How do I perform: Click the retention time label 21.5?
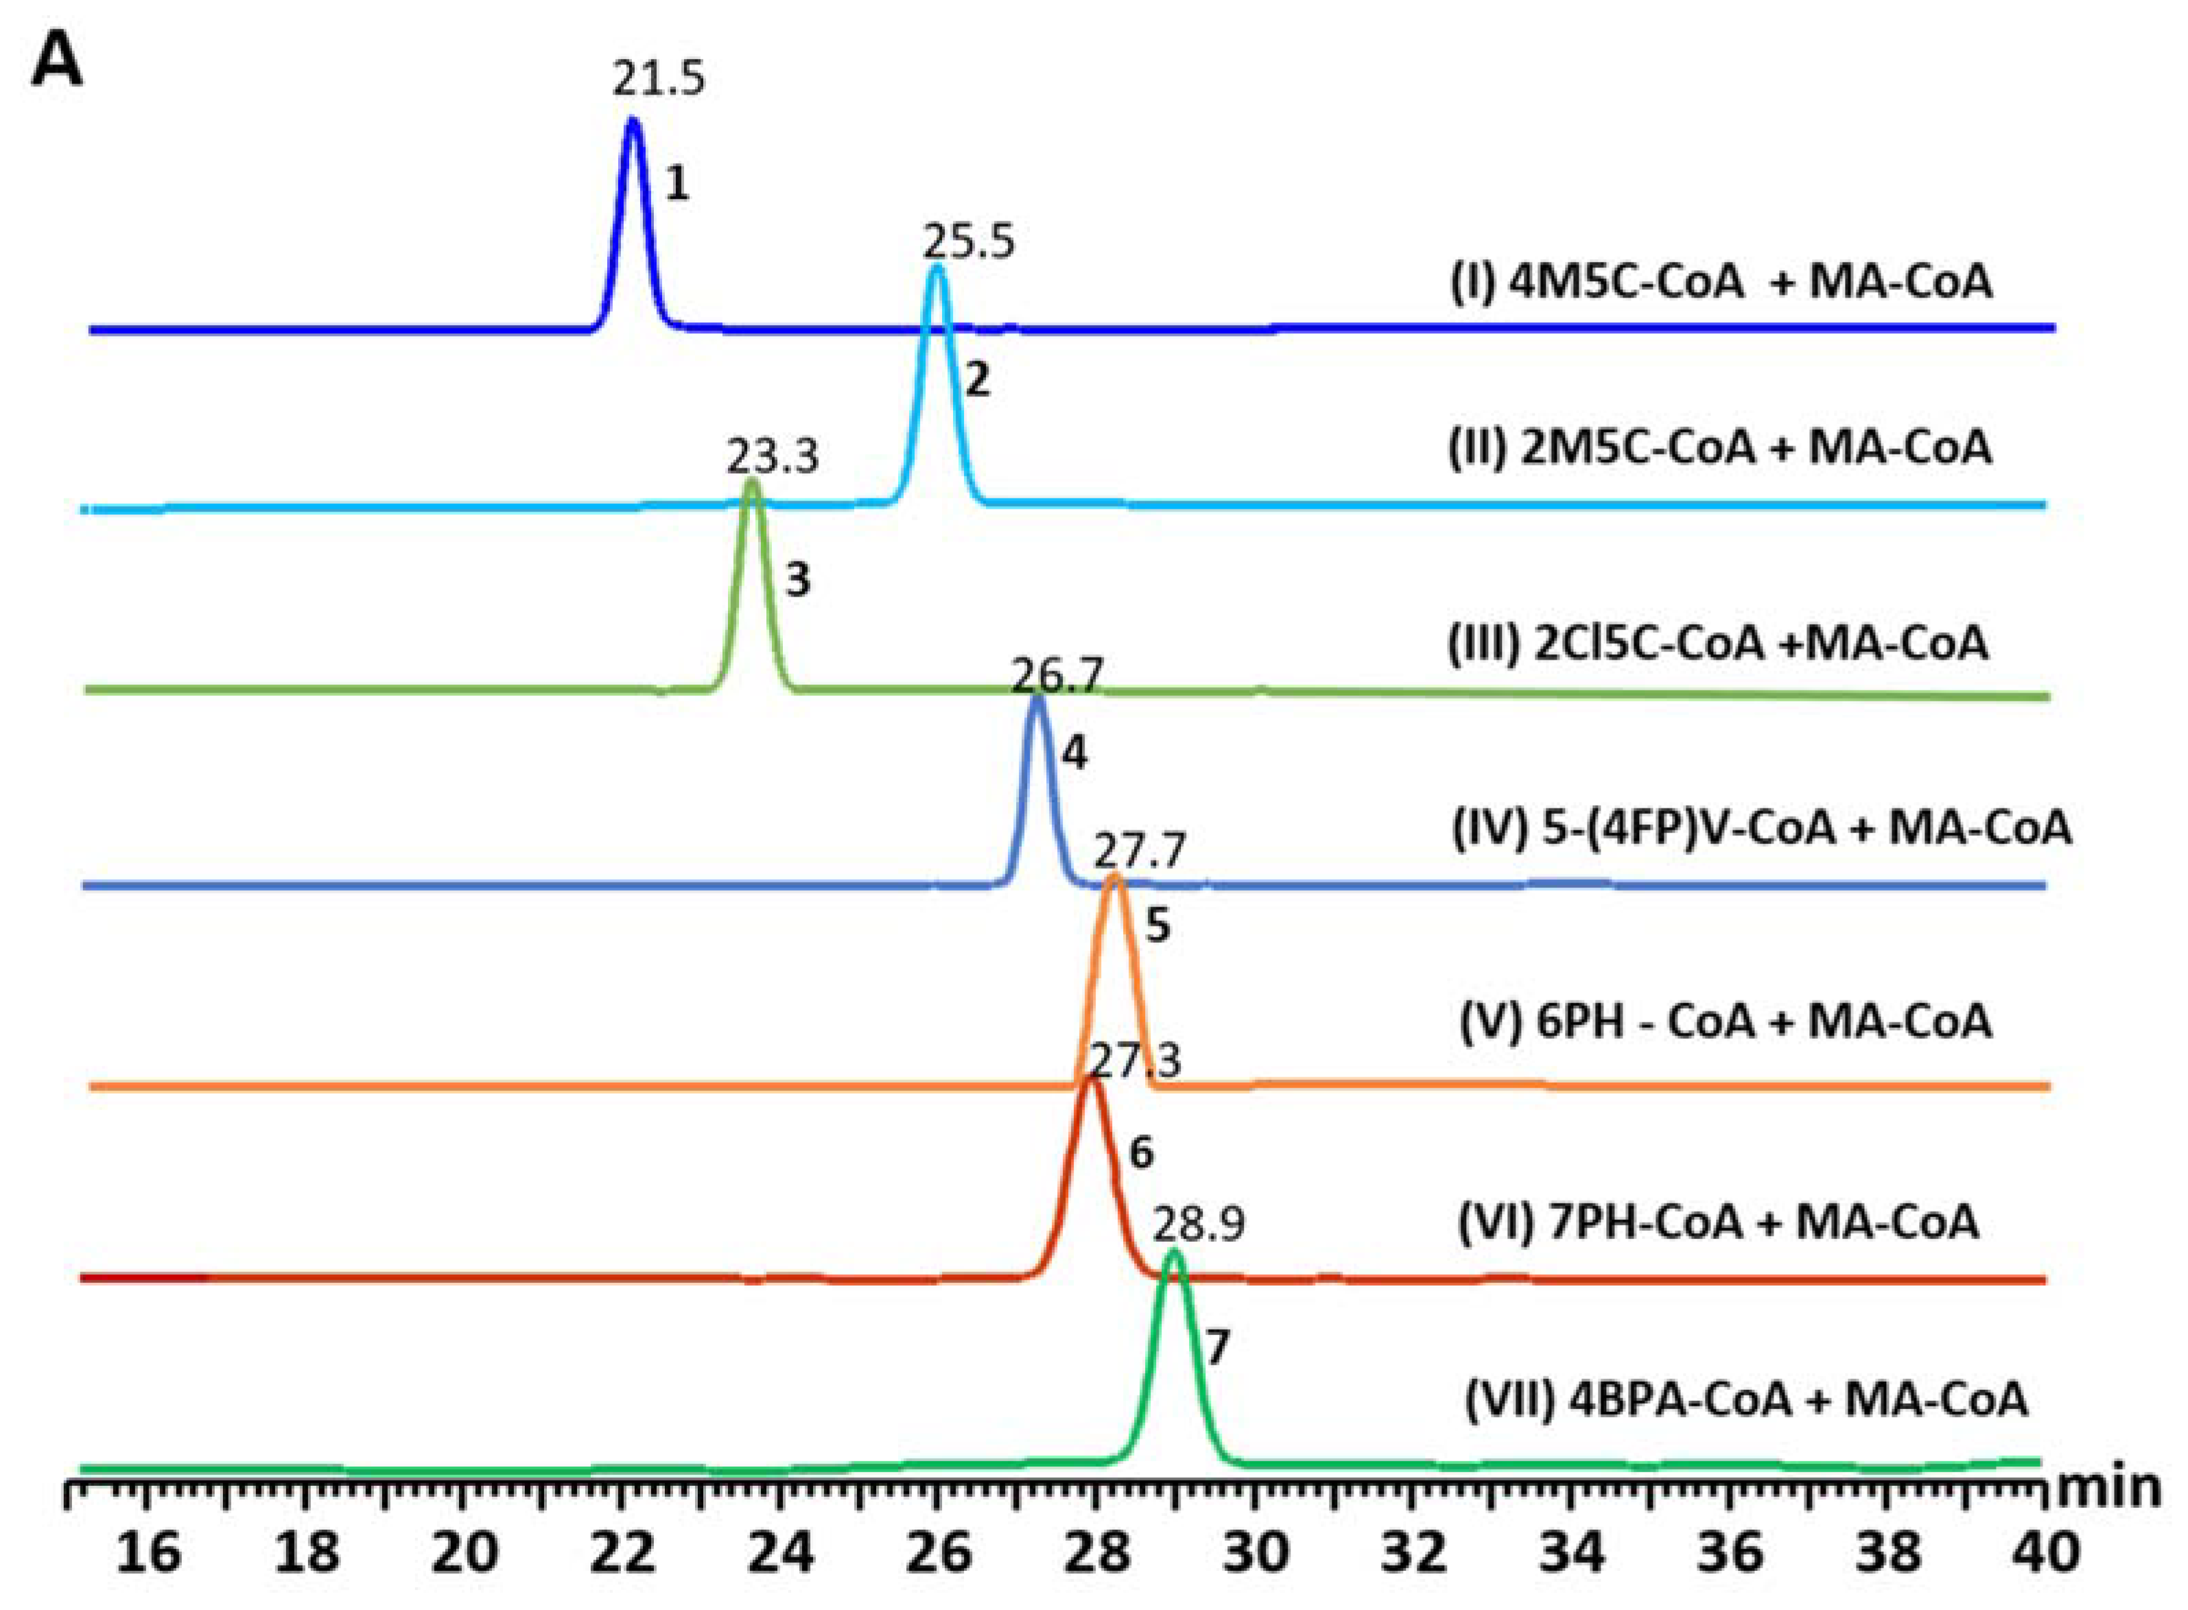(658, 79)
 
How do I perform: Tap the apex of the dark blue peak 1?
(633, 123)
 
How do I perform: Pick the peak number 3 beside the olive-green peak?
(797, 581)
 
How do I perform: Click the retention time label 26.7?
(1057, 675)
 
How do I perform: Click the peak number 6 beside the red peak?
(1141, 1154)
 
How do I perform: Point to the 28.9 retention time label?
(1199, 1224)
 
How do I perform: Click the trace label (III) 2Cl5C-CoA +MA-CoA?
(1717, 644)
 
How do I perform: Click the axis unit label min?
(2108, 1489)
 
